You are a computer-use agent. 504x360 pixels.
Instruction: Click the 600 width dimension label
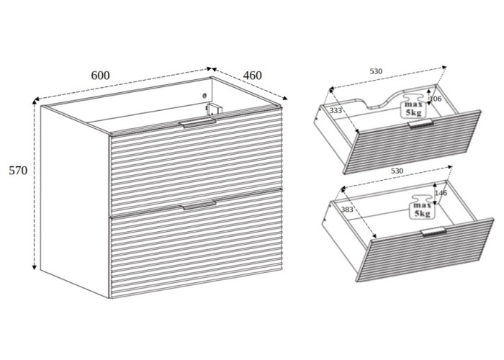click(100, 75)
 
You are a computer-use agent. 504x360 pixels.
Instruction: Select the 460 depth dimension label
click(252, 75)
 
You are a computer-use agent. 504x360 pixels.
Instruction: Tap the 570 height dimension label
click(18, 171)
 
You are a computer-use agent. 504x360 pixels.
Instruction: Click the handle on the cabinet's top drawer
click(199, 123)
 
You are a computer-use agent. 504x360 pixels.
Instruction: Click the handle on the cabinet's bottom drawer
click(199, 205)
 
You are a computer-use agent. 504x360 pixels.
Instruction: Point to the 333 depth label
click(336, 111)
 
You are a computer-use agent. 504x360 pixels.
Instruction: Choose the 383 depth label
click(347, 210)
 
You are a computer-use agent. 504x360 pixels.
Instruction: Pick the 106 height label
click(436, 99)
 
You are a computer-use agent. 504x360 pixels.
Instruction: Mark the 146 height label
click(441, 193)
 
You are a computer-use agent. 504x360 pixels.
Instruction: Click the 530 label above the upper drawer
click(376, 71)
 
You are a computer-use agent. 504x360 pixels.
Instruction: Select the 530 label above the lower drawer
click(397, 171)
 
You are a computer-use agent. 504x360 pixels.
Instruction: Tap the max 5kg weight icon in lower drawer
click(422, 206)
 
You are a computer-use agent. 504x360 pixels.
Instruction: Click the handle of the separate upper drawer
click(420, 123)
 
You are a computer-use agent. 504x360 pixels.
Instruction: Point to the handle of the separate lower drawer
click(433, 231)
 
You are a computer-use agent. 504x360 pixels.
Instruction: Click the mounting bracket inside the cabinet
click(214, 109)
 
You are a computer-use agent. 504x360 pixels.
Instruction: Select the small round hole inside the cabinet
click(204, 96)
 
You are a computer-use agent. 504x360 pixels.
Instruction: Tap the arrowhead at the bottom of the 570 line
click(35, 267)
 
